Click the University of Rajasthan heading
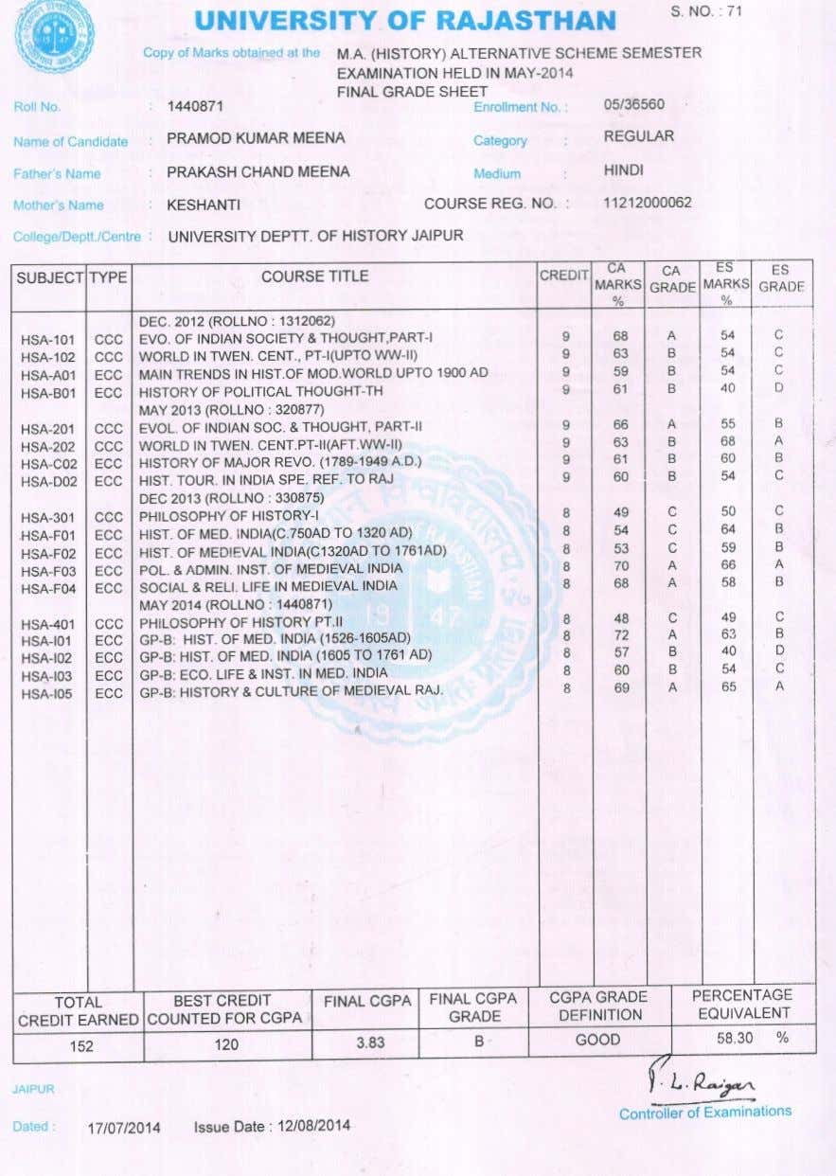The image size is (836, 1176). [405, 20]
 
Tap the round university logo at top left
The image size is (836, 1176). [54, 35]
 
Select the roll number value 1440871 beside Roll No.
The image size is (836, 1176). [194, 106]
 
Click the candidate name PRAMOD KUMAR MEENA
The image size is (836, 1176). [256, 138]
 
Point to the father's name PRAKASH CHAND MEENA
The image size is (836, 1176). [258, 171]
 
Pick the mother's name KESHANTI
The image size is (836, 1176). [204, 205]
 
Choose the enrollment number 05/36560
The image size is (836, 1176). [633, 104]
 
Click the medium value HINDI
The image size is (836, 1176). [623, 170]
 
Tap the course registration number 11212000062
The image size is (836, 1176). [647, 203]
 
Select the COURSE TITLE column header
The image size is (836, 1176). [315, 276]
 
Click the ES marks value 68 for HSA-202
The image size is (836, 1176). [727, 441]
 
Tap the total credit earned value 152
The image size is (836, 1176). [81, 1046]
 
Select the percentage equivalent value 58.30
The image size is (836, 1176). [735, 1038]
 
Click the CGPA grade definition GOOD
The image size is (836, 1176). [598, 1040]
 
